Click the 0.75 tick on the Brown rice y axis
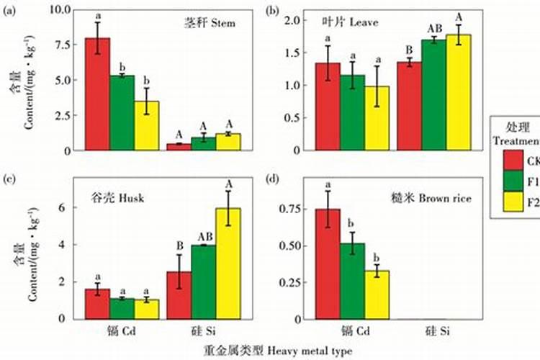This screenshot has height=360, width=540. tap(299, 209)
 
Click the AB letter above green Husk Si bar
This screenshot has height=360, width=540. tap(204, 235)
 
